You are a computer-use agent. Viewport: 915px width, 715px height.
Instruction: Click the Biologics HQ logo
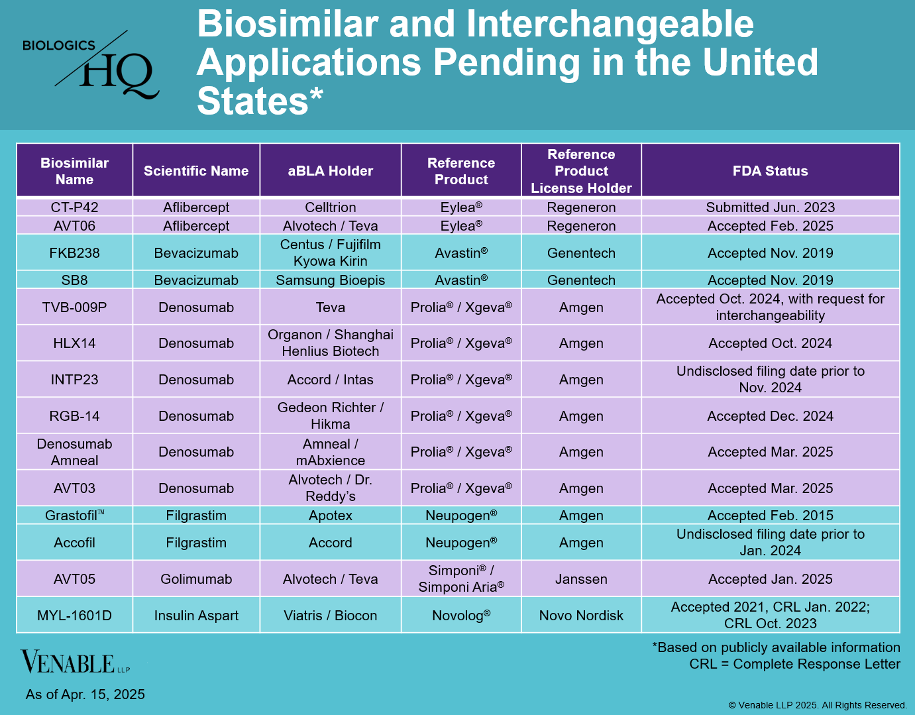click(x=91, y=65)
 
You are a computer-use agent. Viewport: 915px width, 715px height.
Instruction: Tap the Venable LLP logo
click(x=75, y=662)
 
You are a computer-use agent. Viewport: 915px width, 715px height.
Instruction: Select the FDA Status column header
click(x=770, y=171)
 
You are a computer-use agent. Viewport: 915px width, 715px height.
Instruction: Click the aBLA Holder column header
click(x=330, y=171)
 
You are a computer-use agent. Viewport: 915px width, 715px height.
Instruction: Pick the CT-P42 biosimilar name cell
click(x=74, y=207)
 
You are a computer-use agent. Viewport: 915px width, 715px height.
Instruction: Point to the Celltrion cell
click(x=330, y=207)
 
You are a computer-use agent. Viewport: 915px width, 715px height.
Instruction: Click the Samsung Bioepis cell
click(x=330, y=280)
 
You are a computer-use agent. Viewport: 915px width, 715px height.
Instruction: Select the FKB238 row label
click(x=74, y=253)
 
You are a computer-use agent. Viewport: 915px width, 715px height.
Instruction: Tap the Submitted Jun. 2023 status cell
click(x=770, y=207)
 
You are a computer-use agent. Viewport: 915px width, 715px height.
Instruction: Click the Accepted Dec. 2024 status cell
click(x=770, y=416)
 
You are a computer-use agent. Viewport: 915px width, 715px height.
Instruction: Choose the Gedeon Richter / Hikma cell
click(x=330, y=415)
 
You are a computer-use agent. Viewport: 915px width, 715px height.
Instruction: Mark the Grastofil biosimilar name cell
click(x=74, y=516)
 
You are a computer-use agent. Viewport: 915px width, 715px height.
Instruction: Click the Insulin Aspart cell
click(x=196, y=616)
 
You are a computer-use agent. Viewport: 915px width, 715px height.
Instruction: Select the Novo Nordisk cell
click(x=581, y=616)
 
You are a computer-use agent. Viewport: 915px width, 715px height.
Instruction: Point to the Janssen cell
click(x=581, y=579)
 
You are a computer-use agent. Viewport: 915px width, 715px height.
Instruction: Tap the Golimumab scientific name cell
click(x=196, y=579)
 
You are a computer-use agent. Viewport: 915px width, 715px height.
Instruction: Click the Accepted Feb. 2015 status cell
click(x=770, y=516)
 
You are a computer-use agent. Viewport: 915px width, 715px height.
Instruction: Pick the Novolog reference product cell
click(x=461, y=616)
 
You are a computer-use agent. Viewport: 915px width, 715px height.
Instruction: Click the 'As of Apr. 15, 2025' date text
click(x=85, y=694)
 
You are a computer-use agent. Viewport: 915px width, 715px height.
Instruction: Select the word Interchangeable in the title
click(x=610, y=25)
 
